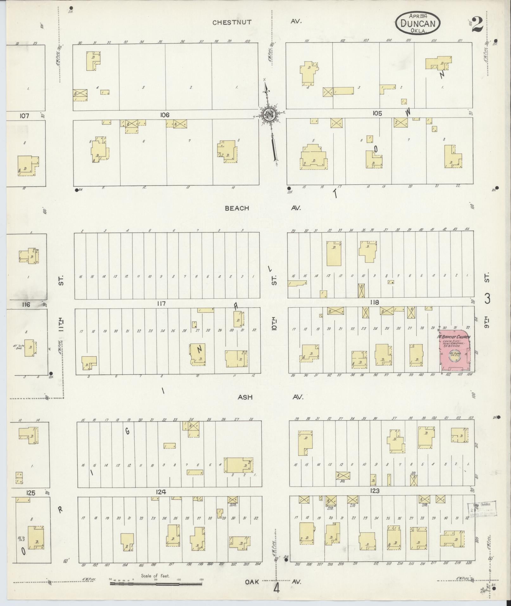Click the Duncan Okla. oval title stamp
pos(418,23)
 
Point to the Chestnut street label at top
pos(232,22)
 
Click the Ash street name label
pos(245,397)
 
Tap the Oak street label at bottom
pos(252,582)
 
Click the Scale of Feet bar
pos(156,583)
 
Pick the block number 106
pos(165,115)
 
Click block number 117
pos(161,303)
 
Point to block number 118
pos(374,303)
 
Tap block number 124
pos(161,492)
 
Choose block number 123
pos(374,491)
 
